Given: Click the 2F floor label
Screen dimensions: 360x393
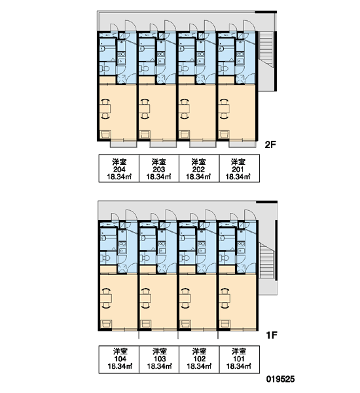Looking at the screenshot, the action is [270, 145].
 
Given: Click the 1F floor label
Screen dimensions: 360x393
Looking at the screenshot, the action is [272, 335].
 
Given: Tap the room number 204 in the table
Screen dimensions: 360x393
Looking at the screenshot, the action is [119, 170].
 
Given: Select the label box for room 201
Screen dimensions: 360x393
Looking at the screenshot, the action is [240, 168].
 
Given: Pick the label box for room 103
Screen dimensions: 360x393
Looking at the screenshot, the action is [159, 359].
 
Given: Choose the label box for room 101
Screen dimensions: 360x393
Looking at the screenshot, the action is [240, 359].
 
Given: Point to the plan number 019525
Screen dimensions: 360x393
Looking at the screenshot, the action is [280, 379].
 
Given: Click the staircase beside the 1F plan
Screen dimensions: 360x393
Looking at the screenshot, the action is [266, 260].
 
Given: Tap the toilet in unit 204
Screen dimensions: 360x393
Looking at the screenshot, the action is [105, 68].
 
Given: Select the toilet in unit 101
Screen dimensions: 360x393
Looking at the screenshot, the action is [224, 258].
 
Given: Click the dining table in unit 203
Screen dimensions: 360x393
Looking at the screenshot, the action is [145, 109].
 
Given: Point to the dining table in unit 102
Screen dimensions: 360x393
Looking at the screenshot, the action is [185, 298].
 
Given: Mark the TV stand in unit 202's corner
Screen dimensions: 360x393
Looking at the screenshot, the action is [185, 134].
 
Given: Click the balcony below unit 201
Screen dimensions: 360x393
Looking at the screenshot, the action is [242, 145].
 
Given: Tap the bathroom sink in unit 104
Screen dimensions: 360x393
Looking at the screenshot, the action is [103, 238].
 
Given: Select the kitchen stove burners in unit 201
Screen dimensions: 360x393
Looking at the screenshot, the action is [240, 54].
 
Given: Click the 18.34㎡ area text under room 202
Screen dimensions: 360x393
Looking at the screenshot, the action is [198, 177].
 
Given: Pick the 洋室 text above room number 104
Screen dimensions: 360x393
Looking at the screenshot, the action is [120, 351].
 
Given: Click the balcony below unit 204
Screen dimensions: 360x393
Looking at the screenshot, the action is [124, 145].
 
